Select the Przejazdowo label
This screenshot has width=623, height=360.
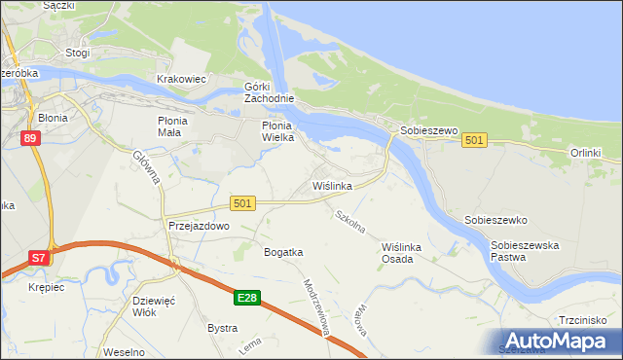(x=198, y=225)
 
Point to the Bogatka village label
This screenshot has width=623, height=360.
(x=283, y=252)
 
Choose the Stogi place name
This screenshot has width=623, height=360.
(x=77, y=53)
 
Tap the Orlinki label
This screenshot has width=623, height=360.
(x=586, y=153)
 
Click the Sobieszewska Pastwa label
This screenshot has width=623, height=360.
(x=525, y=251)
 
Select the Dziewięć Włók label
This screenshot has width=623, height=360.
(x=158, y=307)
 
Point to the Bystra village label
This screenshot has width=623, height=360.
(x=222, y=328)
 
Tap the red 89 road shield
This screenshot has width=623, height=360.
(x=30, y=139)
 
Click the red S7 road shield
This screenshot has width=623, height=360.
(x=37, y=258)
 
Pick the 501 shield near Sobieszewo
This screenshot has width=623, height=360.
(x=474, y=141)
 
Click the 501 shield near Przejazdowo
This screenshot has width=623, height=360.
(x=243, y=202)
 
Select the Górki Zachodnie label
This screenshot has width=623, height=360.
(x=269, y=92)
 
